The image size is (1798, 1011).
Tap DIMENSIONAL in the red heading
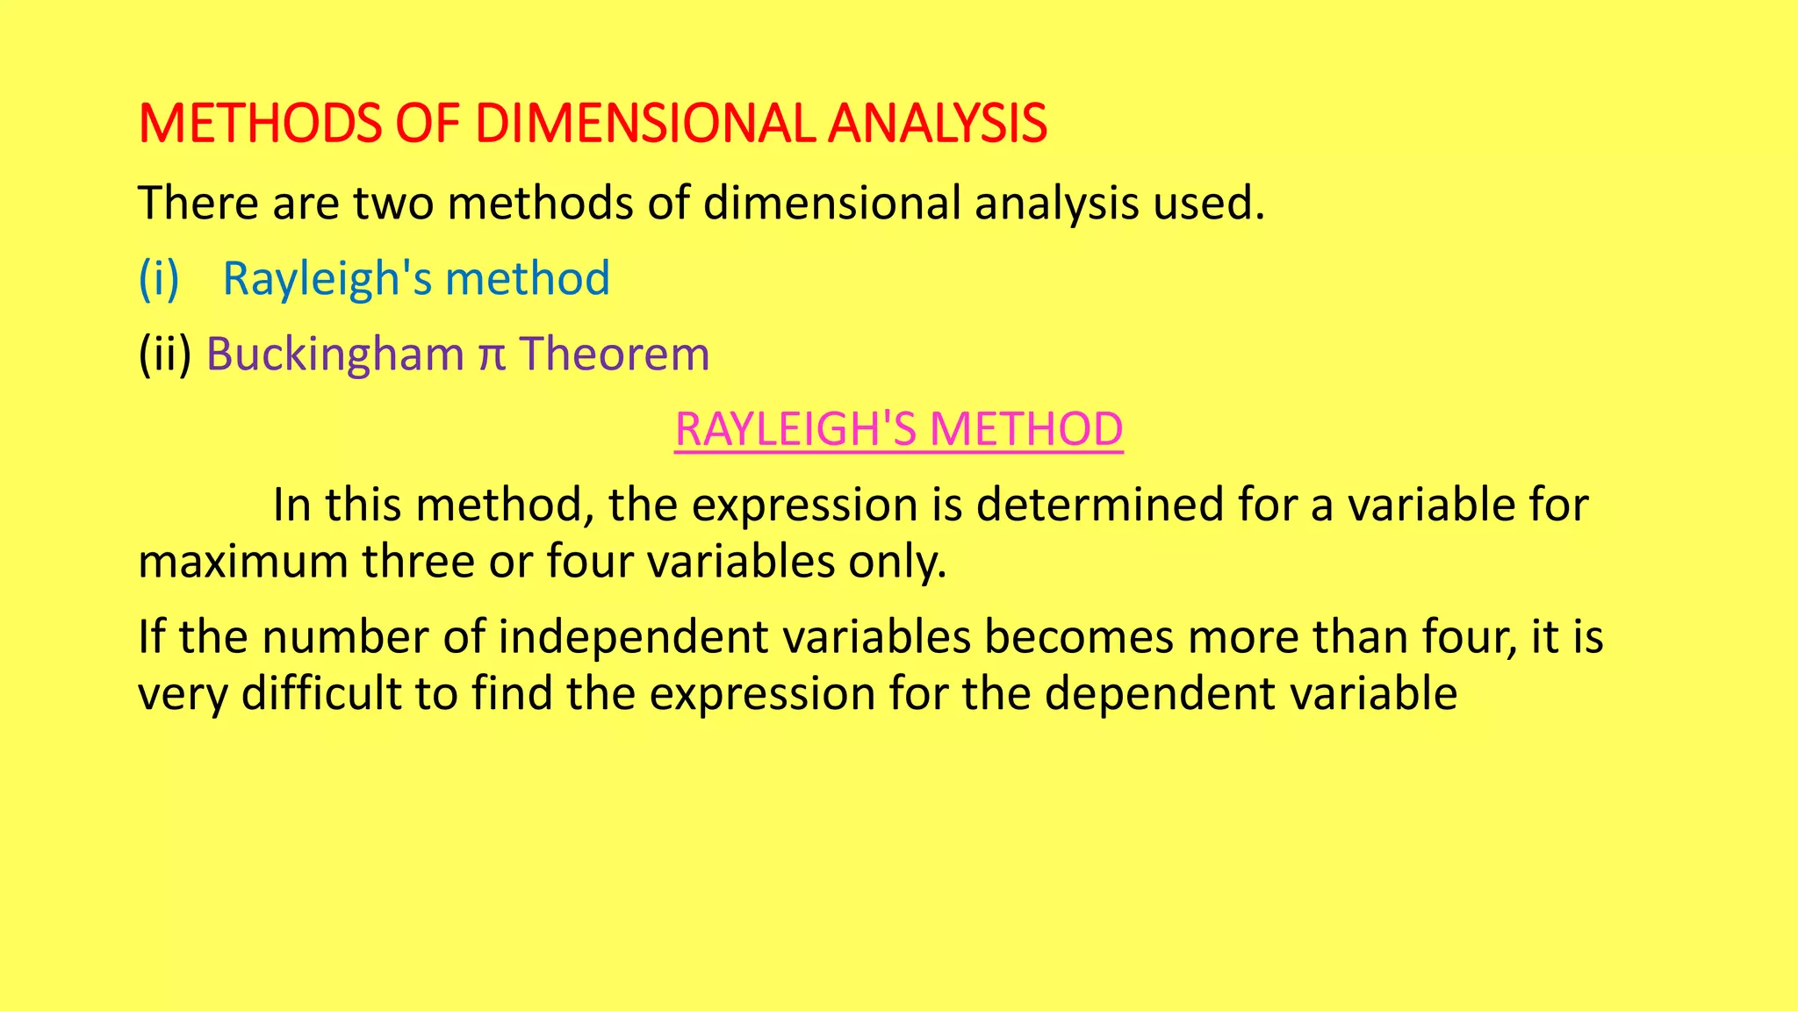tap(644, 124)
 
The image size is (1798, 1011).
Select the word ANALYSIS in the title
tap(937, 124)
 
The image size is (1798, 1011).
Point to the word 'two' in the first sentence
tap(393, 204)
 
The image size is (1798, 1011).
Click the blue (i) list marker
tap(159, 279)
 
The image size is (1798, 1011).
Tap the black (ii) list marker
tap(164, 355)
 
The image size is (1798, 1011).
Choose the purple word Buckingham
tap(334, 355)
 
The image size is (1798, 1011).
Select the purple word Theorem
tap(615, 355)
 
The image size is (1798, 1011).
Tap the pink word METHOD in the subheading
tap(1026, 430)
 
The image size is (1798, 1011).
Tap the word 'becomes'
tap(1078, 638)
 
